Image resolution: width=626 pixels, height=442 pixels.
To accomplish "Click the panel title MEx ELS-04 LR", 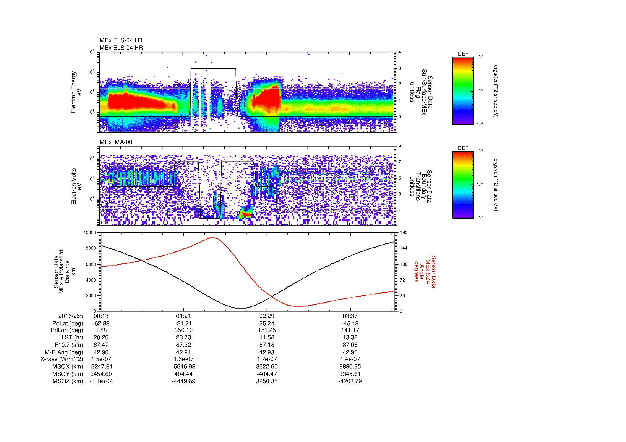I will (121, 40).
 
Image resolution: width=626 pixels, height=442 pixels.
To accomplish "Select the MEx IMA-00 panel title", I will (116, 142).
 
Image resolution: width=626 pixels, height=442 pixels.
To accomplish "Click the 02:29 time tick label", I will (267, 316).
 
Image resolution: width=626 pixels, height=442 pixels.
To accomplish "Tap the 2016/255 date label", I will (71, 316).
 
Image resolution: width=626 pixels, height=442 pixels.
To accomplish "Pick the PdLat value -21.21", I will (184, 324).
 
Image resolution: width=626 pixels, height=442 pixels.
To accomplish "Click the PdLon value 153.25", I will (267, 330).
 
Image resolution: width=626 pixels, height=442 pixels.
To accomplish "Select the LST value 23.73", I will (184, 337).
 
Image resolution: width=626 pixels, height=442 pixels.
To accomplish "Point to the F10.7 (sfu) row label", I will (69, 345).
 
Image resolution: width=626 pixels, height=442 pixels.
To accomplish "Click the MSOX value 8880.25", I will (350, 367).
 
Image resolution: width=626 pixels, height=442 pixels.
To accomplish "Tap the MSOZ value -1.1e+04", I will (101, 381).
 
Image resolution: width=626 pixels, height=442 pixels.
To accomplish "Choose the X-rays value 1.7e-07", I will (267, 359).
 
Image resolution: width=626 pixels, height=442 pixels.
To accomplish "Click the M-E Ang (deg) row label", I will (64, 352).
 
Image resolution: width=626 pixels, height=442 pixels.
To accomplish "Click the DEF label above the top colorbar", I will (463, 54).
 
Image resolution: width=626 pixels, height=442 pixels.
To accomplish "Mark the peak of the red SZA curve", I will (213, 237).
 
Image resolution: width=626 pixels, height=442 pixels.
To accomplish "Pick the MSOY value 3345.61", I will (350, 374).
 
